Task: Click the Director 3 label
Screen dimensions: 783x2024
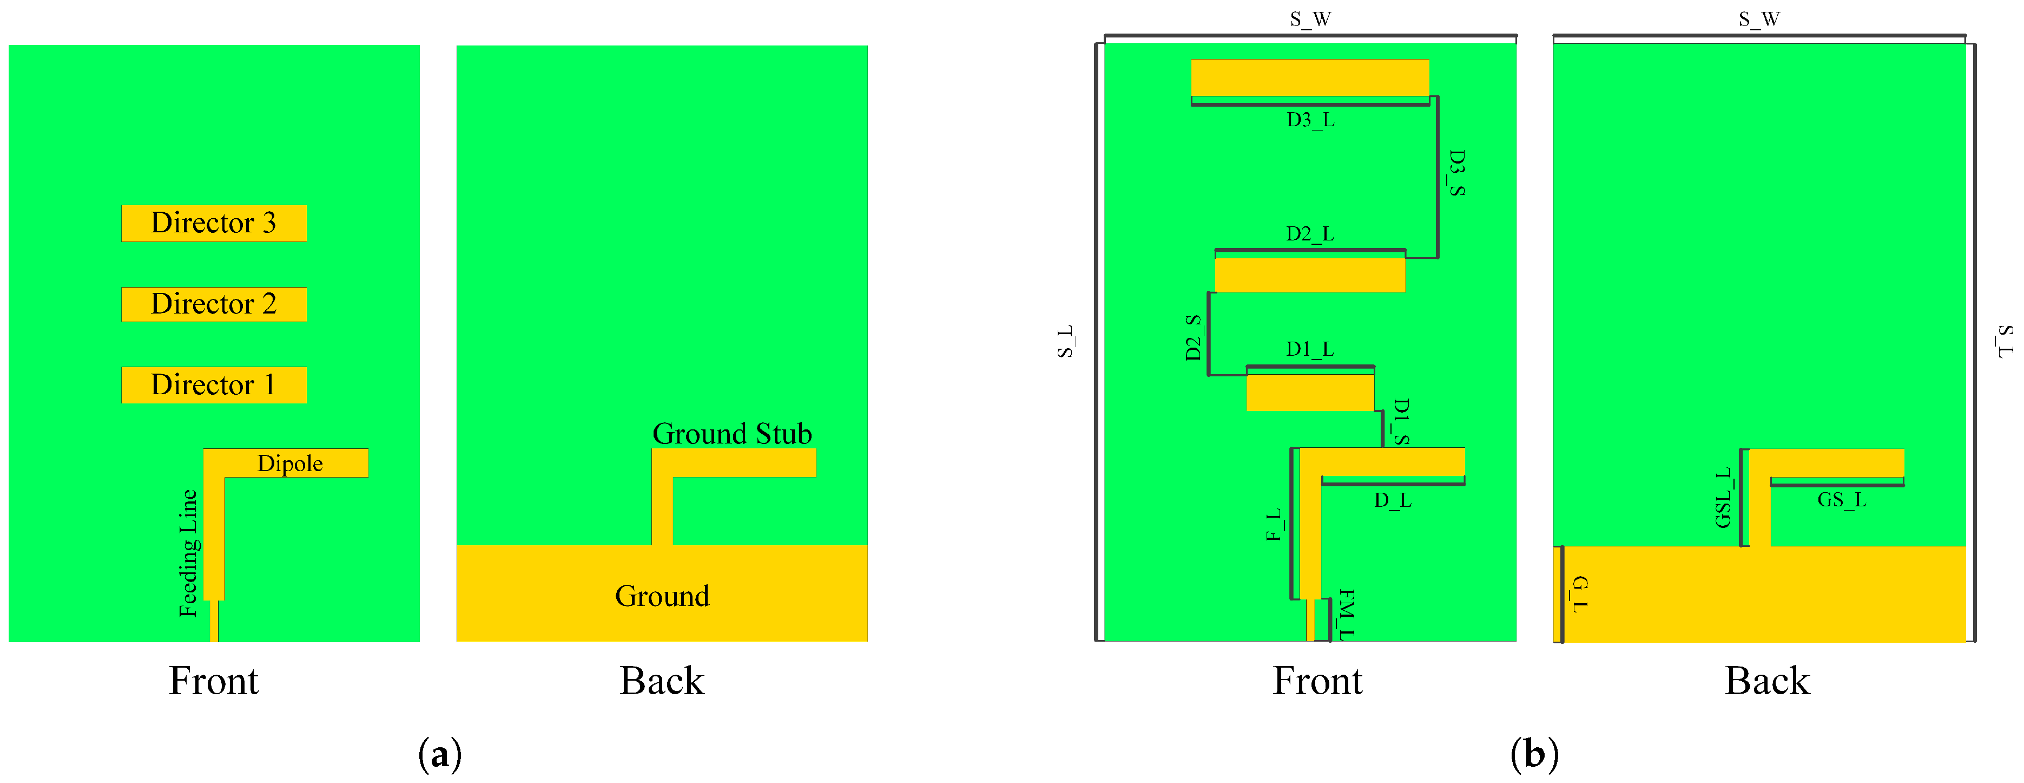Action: coord(213,223)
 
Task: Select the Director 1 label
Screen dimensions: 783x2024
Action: coord(213,384)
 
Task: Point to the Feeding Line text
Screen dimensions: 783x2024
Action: coord(189,553)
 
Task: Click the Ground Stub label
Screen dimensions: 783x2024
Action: coord(731,433)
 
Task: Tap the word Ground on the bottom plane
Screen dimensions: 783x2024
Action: coord(662,596)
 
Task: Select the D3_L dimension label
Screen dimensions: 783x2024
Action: coord(1310,120)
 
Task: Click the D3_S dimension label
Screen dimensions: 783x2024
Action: coord(1456,172)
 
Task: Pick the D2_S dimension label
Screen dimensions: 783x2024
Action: coord(1193,337)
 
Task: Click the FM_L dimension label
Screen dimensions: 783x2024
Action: coord(1346,614)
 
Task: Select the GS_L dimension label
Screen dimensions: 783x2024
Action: coord(1841,499)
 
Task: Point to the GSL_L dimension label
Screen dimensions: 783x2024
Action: coord(1723,498)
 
